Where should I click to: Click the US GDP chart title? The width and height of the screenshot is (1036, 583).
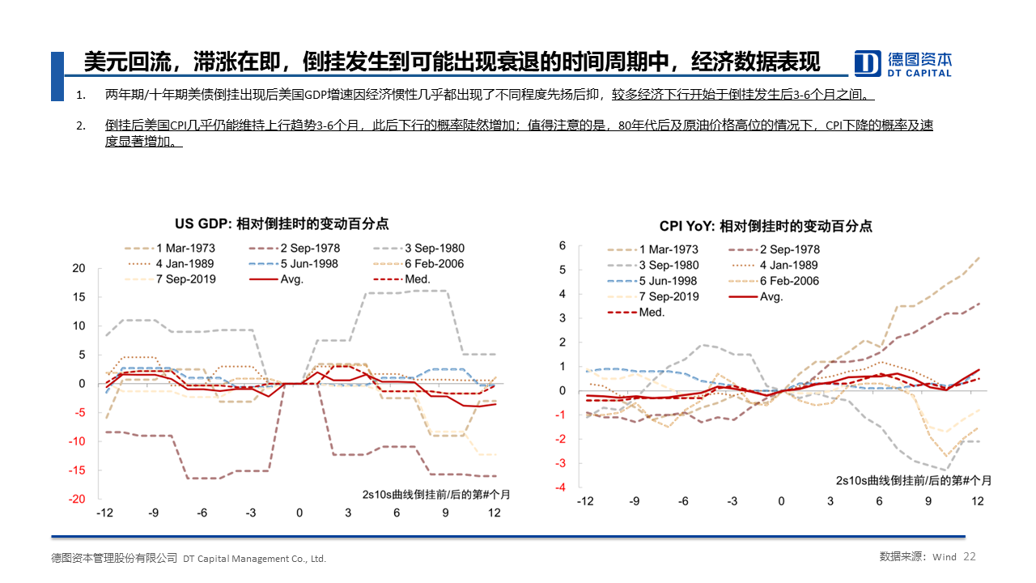[282, 224]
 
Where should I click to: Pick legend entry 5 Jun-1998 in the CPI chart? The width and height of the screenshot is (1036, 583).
[668, 281]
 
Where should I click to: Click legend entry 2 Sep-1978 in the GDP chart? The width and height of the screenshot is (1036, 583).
[310, 249]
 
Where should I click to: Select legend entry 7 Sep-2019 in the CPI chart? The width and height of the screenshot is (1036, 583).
[668, 296]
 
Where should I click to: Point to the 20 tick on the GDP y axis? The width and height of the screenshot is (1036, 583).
[79, 268]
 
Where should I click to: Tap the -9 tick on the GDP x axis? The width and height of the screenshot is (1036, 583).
[153, 513]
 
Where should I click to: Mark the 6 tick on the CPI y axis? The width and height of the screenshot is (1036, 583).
[563, 245]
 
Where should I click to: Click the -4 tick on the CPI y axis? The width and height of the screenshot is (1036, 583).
[560, 487]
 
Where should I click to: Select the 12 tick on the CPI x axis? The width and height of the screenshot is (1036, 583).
[977, 502]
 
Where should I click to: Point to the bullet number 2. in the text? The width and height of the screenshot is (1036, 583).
[80, 126]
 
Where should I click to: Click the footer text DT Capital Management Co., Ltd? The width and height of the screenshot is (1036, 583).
[255, 559]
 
